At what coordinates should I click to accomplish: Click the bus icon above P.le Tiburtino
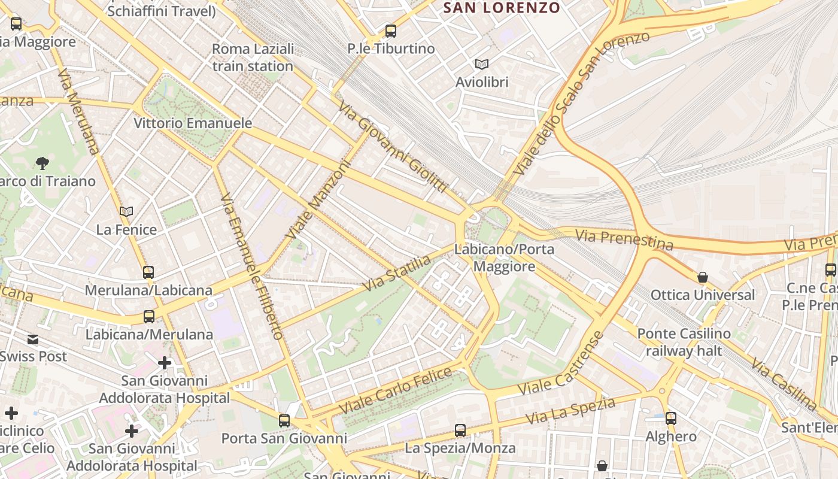coord(391,31)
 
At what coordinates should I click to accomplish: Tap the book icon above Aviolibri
coord(481,64)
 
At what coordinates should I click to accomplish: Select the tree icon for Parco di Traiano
coord(42,163)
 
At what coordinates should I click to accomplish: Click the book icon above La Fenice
coord(126,211)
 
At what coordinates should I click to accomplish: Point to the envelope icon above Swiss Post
coord(33,339)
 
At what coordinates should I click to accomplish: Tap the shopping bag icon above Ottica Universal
coord(703,277)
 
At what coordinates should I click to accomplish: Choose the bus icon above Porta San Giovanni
coord(284,421)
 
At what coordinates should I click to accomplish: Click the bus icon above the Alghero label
coord(671,419)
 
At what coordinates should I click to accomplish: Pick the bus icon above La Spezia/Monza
coord(460,430)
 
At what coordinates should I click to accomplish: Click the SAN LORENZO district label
coord(502,8)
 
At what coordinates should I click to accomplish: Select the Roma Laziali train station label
coord(253,57)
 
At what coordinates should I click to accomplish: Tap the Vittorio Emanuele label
coord(193,123)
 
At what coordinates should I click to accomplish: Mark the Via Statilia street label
coord(396,274)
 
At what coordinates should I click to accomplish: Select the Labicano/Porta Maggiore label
coord(504,257)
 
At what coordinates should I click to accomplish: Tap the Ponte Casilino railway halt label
coord(684,342)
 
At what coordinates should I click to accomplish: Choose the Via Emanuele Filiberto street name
coord(251,266)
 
